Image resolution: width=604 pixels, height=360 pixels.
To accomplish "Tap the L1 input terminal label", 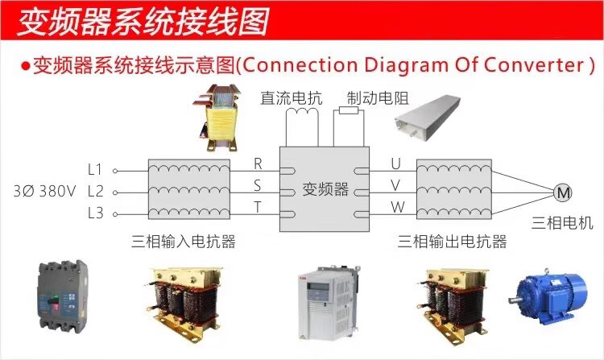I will point(95,170).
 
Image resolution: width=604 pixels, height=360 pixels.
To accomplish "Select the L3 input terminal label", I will point(95,213).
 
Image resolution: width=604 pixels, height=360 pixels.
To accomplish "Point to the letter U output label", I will point(395,163).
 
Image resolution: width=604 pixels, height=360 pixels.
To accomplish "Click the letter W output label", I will point(396,207).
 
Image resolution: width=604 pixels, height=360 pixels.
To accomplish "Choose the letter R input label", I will point(259,163).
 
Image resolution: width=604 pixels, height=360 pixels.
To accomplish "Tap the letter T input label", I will point(259,207).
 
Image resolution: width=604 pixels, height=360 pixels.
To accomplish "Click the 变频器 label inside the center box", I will point(325,190).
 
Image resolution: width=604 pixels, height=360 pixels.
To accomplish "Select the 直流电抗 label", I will point(291,99).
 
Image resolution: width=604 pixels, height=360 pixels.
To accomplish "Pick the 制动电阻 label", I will point(378,99).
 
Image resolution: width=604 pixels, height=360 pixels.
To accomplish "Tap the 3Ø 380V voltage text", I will point(44,192).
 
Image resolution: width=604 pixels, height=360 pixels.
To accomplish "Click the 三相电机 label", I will point(561,222).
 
